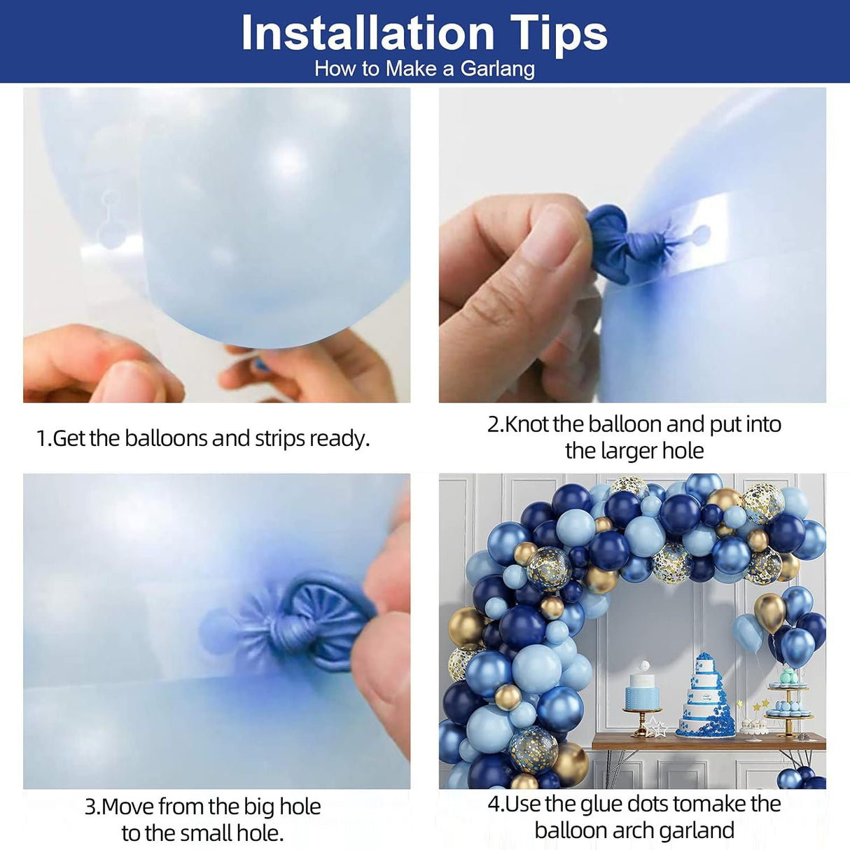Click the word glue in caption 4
[x=602, y=804]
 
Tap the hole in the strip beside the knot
[x=699, y=233]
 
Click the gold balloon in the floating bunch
[x=770, y=613]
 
